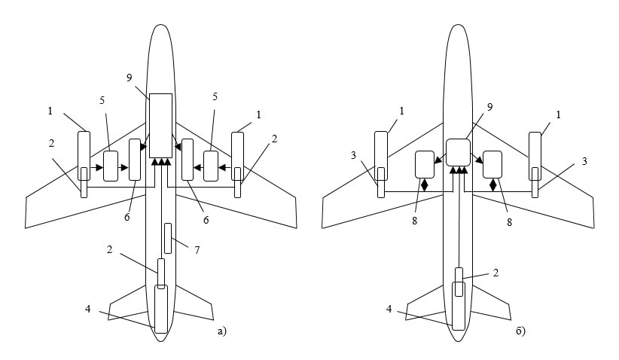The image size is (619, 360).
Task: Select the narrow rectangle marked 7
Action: (x=167, y=238)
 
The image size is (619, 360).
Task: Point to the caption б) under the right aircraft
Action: (x=520, y=330)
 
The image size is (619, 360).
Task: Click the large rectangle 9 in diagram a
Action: (x=160, y=125)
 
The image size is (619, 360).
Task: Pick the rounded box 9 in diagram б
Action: (x=458, y=152)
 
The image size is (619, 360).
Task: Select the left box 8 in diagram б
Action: (x=425, y=164)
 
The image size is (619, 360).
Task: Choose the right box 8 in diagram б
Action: (x=492, y=164)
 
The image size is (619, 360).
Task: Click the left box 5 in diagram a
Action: (x=111, y=166)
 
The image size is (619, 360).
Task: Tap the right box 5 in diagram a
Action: (x=211, y=166)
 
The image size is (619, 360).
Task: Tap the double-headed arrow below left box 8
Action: (x=425, y=185)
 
